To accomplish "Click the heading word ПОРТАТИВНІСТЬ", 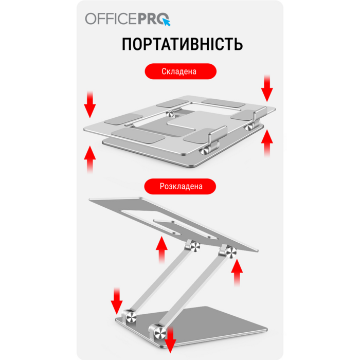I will tap(182, 44).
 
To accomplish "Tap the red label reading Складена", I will tap(179, 71).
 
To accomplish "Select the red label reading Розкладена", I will tap(180, 186).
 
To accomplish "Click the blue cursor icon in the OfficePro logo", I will tap(166, 22).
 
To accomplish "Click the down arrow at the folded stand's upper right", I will tap(266, 88).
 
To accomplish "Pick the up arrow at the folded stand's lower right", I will tap(266, 143).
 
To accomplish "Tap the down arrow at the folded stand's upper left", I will tap(90, 105).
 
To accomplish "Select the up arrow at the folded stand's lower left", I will tap(90, 159).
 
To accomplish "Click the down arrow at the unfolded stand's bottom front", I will tap(170, 340).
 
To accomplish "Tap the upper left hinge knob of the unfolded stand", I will tap(194, 248).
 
